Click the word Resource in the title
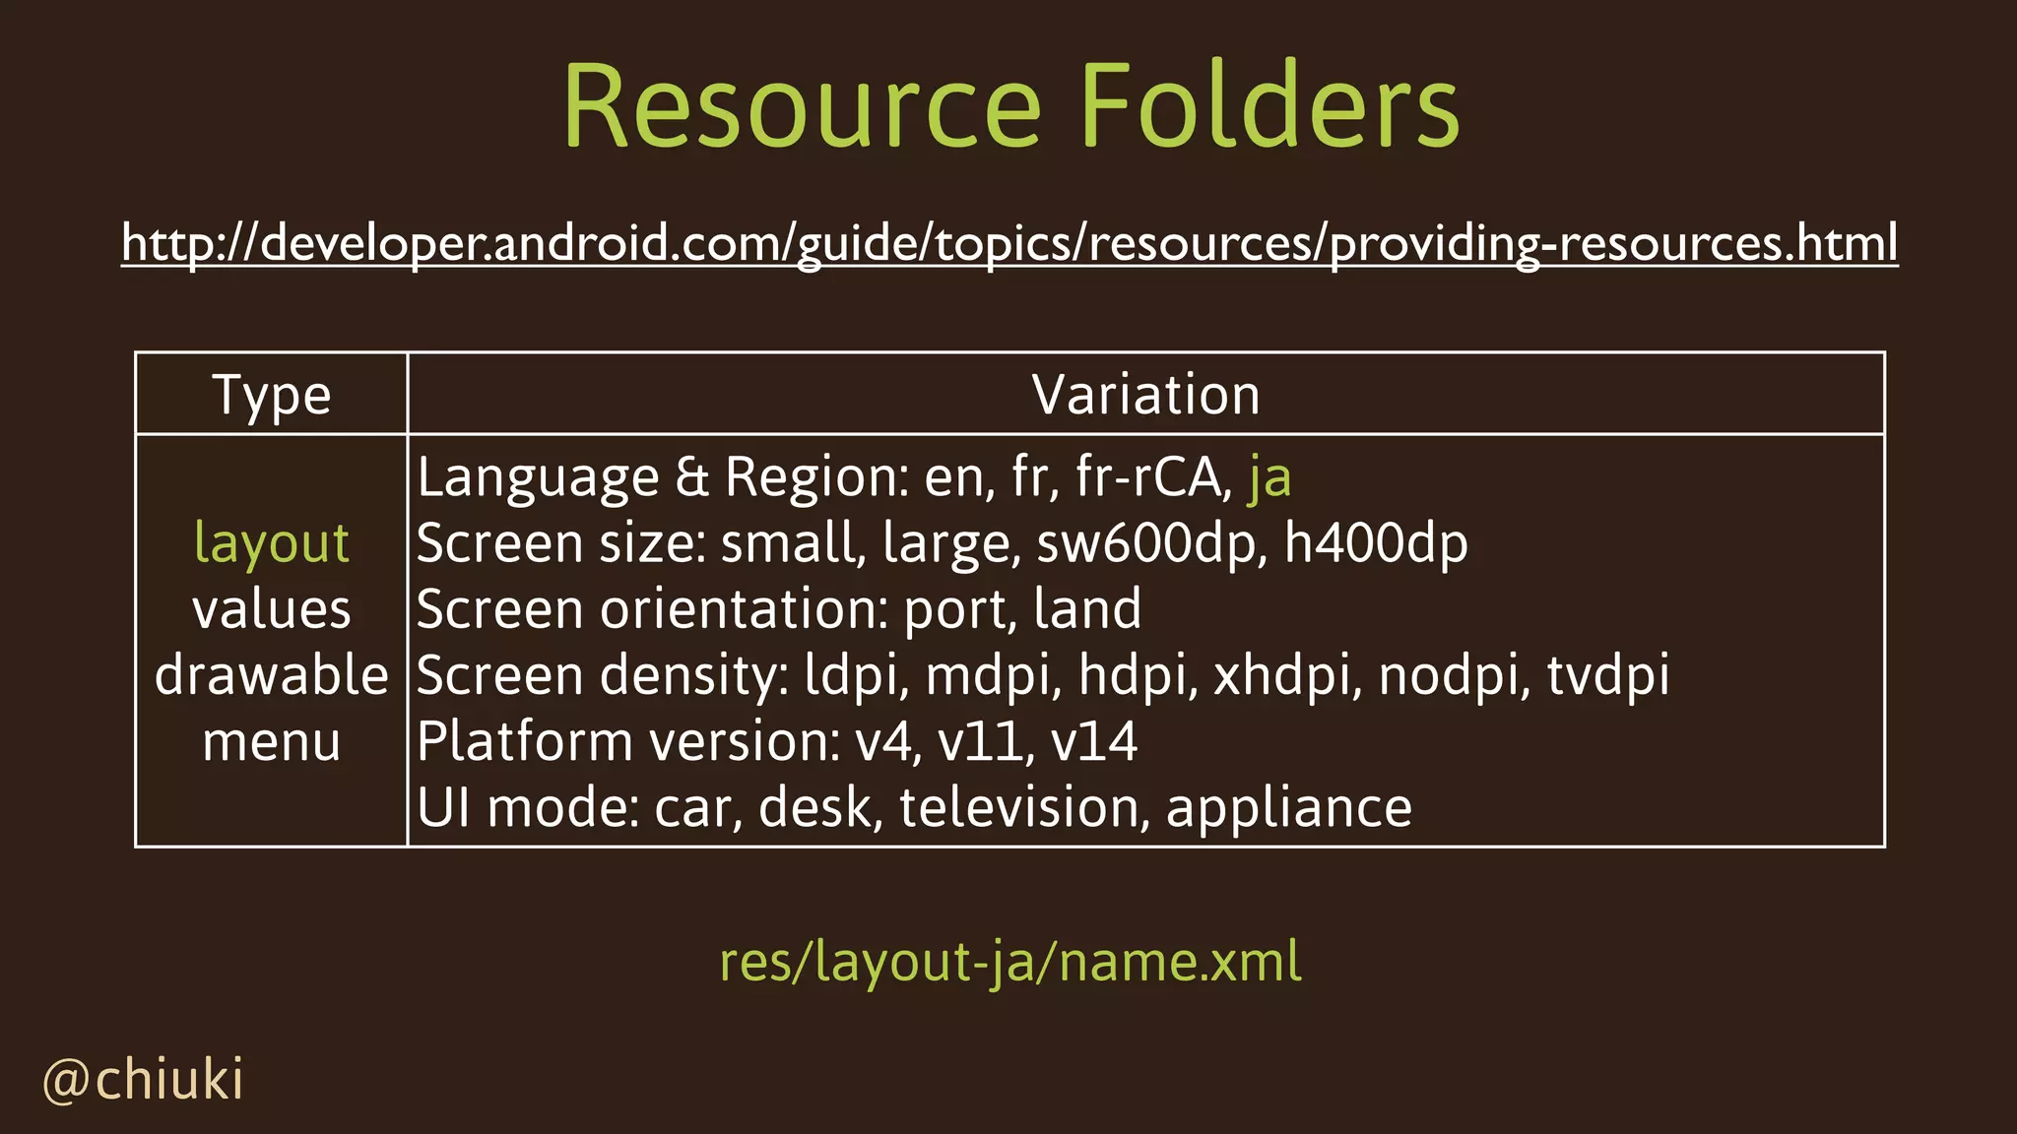(x=802, y=106)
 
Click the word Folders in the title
(x=1269, y=106)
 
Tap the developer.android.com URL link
(x=1009, y=242)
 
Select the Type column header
(x=272, y=396)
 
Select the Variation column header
(x=1145, y=396)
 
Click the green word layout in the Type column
(x=272, y=543)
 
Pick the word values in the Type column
(x=272, y=609)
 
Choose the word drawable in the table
(x=272, y=675)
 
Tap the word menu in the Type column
(x=272, y=741)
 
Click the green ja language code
(x=1269, y=478)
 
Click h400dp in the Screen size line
(x=1376, y=543)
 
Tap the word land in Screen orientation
(x=1087, y=609)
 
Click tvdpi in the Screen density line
(x=1607, y=675)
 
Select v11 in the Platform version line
(x=980, y=741)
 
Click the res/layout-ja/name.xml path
(x=1009, y=962)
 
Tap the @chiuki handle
(x=144, y=1080)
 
